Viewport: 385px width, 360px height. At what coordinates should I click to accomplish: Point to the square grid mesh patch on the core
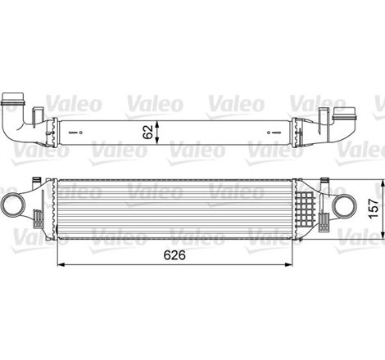(x=308, y=200)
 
